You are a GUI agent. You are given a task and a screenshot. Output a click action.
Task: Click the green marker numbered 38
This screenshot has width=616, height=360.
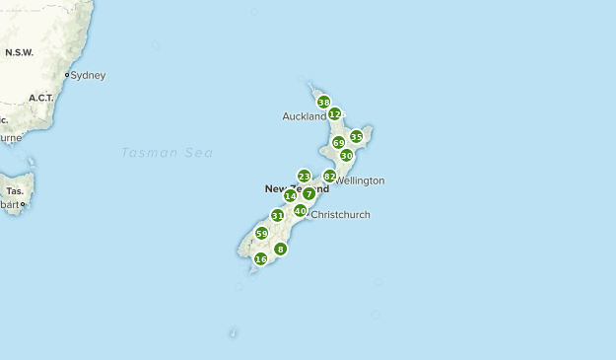click(323, 102)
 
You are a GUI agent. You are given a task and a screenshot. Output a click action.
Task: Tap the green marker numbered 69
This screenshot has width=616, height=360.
click(339, 143)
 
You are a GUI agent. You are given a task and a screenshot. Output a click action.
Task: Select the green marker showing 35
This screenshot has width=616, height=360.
click(356, 136)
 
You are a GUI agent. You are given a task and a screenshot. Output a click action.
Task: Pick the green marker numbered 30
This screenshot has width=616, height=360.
click(346, 156)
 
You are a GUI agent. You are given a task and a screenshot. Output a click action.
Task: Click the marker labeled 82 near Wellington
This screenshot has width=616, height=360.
click(329, 177)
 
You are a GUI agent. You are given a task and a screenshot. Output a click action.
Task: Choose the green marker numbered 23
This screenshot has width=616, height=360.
click(304, 177)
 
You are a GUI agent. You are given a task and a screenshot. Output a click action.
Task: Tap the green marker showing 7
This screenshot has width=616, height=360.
click(308, 194)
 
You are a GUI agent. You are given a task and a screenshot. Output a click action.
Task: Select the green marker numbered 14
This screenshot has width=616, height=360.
click(290, 196)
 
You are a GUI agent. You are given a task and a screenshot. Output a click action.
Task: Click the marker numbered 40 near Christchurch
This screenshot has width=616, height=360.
click(300, 210)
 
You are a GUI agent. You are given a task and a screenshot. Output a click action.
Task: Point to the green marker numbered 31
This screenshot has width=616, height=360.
click(277, 216)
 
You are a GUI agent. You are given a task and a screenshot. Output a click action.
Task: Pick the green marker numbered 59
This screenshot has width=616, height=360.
click(261, 234)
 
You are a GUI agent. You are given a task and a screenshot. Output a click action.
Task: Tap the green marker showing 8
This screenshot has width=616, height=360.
click(281, 250)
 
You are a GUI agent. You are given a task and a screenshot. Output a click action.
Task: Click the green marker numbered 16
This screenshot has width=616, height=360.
click(260, 259)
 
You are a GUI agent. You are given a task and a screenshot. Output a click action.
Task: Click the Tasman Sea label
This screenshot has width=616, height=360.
click(168, 152)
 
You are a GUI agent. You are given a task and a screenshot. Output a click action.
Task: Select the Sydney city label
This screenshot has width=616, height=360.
click(88, 75)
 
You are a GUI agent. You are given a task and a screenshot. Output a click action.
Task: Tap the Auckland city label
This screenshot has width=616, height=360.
click(304, 116)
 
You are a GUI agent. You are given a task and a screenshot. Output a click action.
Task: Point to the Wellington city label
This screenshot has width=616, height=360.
click(360, 180)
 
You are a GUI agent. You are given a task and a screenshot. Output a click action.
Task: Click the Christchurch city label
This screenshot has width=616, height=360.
click(340, 214)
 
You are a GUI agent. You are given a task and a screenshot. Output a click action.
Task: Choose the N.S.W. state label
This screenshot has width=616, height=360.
click(20, 51)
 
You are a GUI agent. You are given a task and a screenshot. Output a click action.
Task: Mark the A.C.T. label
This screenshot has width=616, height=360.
click(41, 98)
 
